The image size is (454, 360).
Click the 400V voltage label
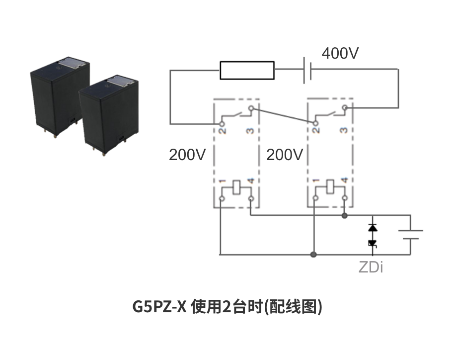(340, 53)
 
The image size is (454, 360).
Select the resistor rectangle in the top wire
(247, 70)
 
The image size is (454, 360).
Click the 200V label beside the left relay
(187, 155)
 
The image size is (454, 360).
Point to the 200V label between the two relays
(284, 155)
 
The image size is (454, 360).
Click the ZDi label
(371, 268)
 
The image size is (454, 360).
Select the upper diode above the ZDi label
(372, 228)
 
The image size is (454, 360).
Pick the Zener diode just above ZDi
(372, 243)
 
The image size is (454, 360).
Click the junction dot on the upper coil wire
(345, 216)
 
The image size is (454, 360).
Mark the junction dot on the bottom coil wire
(313, 255)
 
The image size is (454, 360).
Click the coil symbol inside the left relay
(236, 188)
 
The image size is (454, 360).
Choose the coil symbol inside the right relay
(329, 188)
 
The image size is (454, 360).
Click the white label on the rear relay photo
(72, 63)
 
